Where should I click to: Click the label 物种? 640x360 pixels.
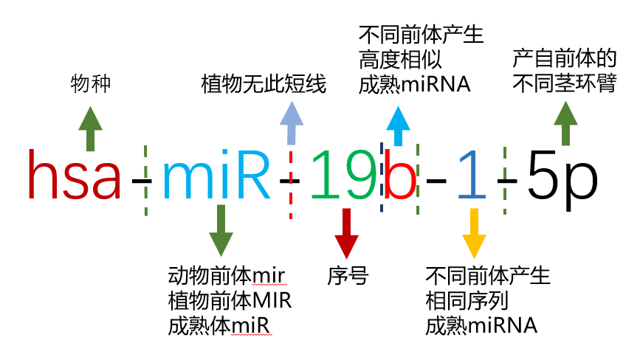pos(91,85)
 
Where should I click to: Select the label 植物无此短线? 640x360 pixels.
pos(264,85)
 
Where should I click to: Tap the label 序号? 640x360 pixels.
pos(348,277)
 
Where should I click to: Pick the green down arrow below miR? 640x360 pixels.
pos(220,230)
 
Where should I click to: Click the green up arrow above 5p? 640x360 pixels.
pos(566,122)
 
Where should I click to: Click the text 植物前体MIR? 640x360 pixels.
pos(229,302)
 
